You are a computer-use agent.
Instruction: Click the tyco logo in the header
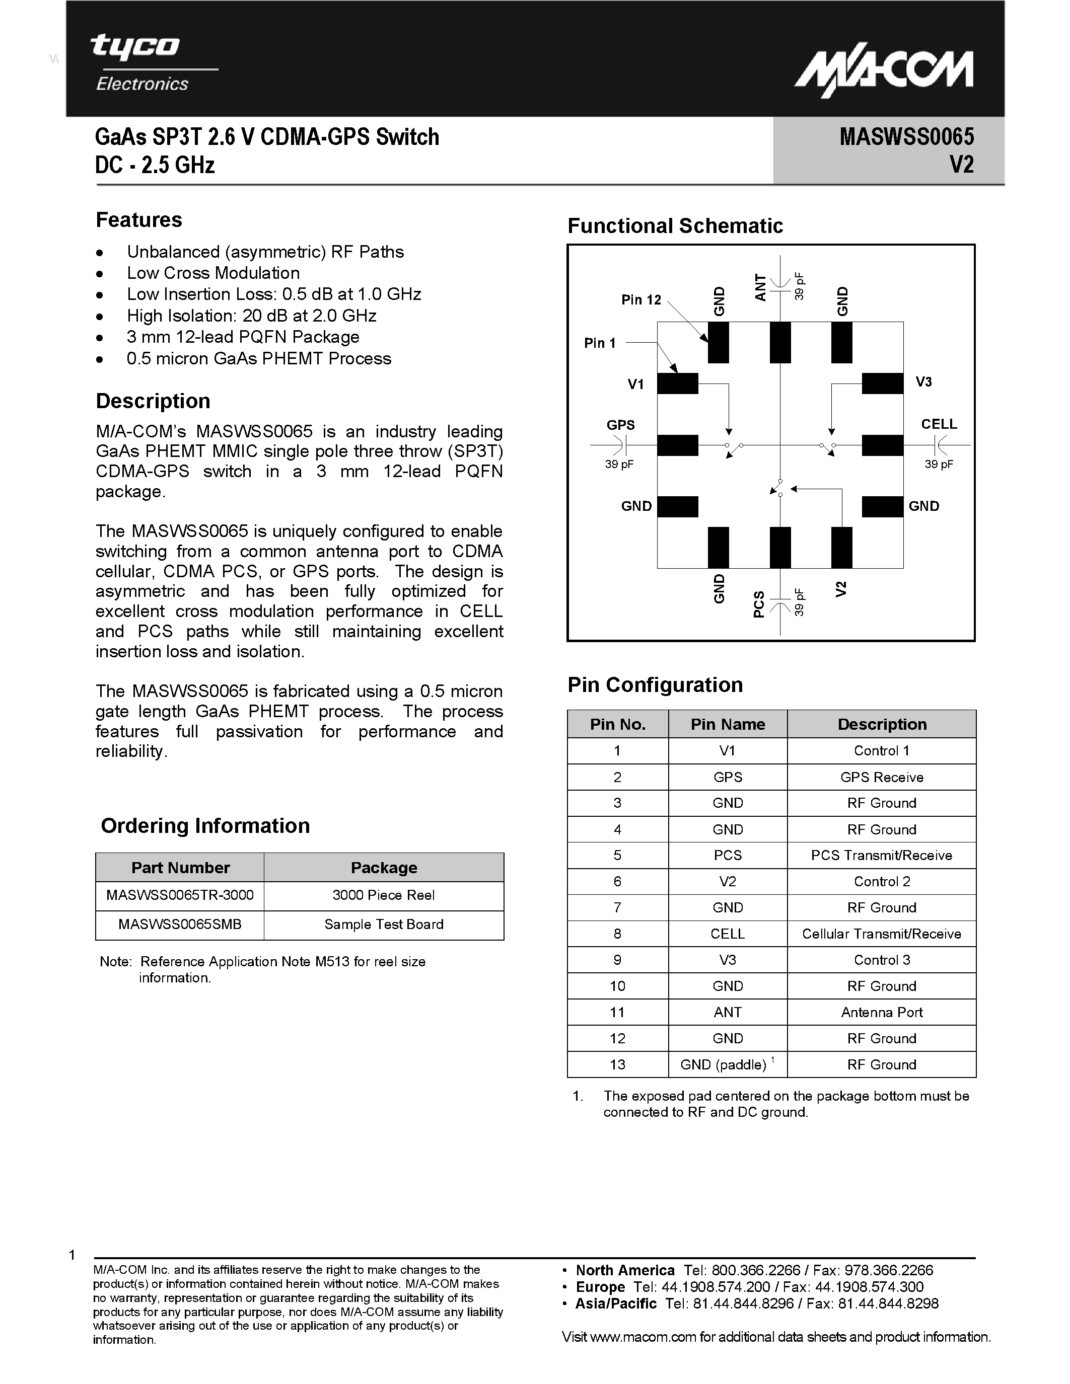[x=135, y=47]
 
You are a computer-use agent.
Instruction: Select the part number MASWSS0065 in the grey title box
[x=906, y=137]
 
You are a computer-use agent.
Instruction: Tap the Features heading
[x=139, y=220]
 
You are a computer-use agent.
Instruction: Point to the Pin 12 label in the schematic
[x=641, y=300]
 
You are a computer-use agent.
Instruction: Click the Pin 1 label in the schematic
[x=600, y=343]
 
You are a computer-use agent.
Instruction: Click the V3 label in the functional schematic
[x=923, y=381]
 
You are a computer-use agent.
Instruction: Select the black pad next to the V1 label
[x=677, y=383]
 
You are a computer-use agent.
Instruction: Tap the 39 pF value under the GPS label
[x=619, y=465]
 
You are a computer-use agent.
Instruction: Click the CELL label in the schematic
[x=938, y=424]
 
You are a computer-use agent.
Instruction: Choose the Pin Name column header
[x=728, y=724]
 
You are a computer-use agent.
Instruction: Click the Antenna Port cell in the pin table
[x=881, y=1012]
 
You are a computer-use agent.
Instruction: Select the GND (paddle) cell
[x=727, y=1064]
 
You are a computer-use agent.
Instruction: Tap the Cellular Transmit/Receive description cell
[x=881, y=934]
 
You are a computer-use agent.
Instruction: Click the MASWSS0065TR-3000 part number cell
[x=180, y=895]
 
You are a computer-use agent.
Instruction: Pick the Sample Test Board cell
[x=384, y=924]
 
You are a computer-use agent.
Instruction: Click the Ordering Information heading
[x=205, y=826]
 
